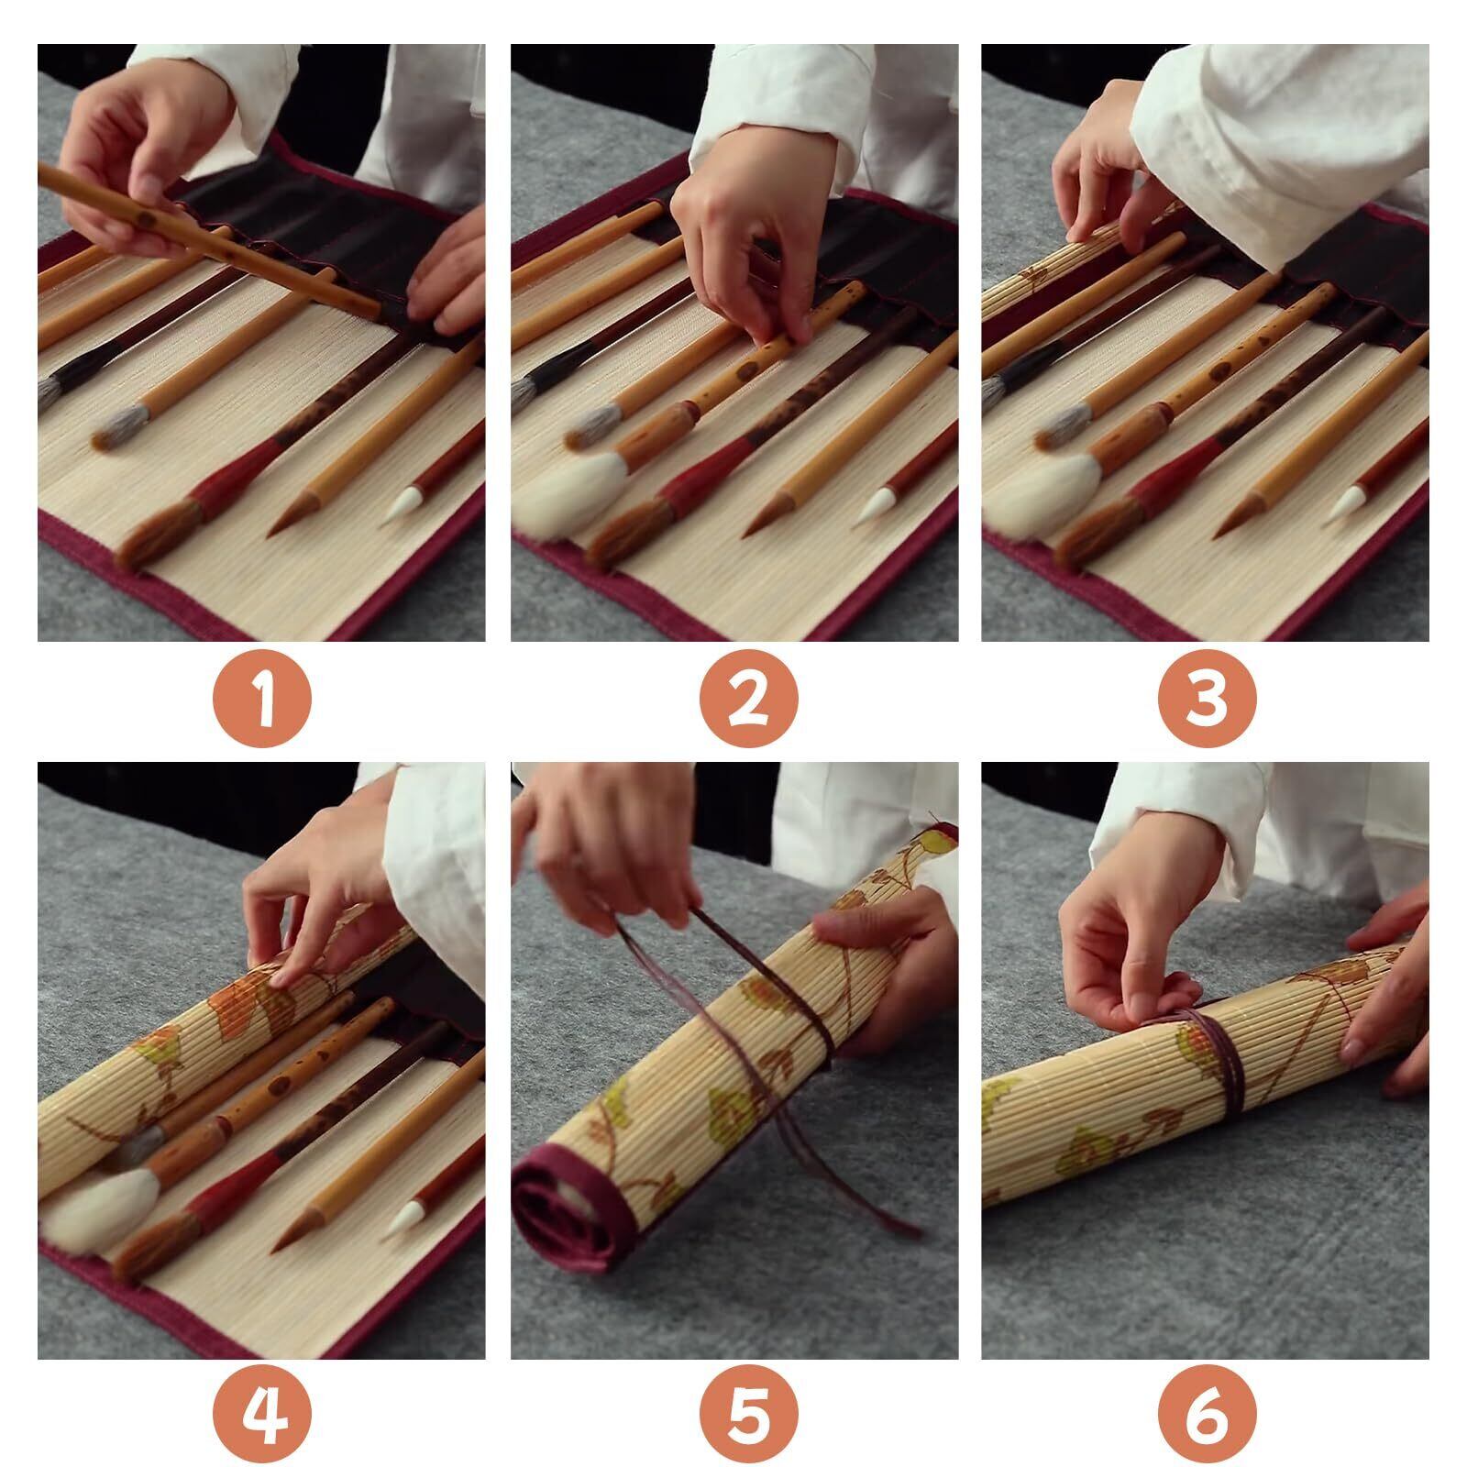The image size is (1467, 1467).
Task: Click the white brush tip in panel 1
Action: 404,504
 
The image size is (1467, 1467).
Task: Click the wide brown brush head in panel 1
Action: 160,537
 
